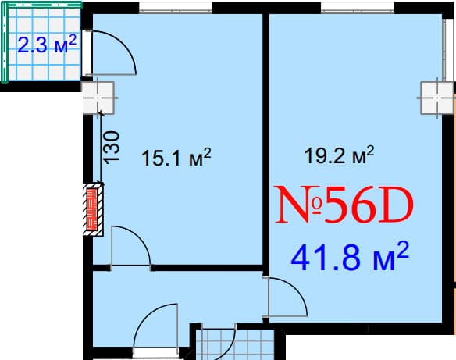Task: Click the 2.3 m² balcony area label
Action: tap(47, 44)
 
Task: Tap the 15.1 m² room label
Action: tap(176, 159)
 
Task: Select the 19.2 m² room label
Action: tap(339, 155)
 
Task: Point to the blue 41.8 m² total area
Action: tap(351, 255)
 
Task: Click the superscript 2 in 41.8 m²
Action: tap(404, 247)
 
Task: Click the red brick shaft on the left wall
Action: tap(94, 209)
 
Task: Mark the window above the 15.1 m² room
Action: tap(175, 10)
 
